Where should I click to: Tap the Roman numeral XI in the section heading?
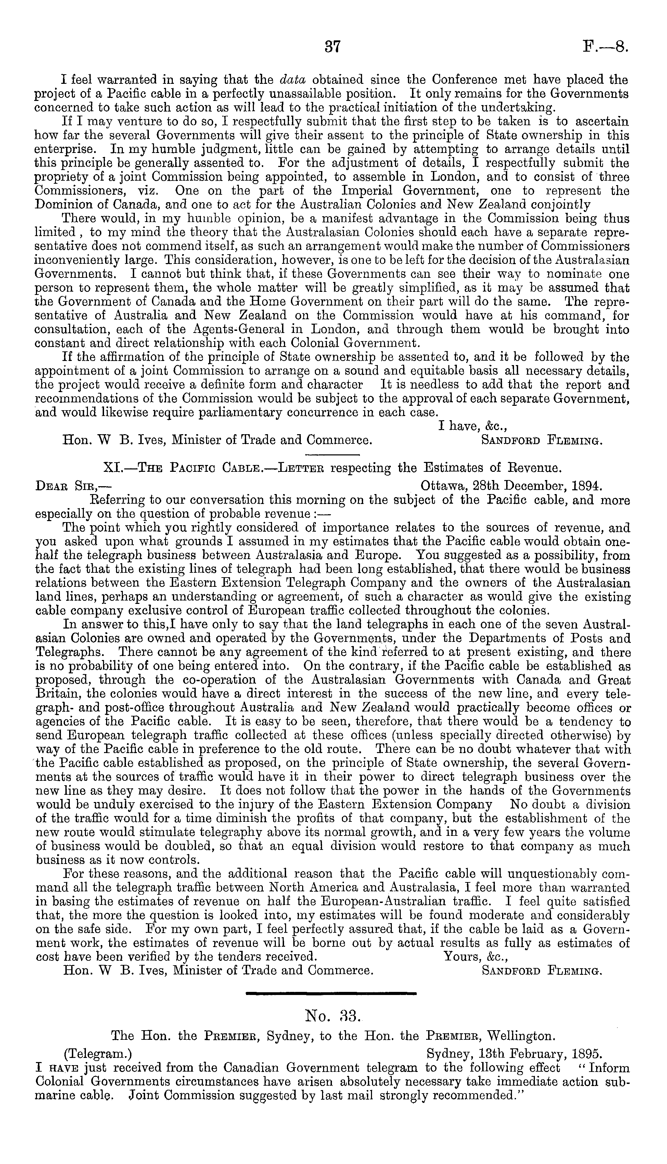coord(112,468)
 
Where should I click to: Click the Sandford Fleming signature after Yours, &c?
coord(542,970)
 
